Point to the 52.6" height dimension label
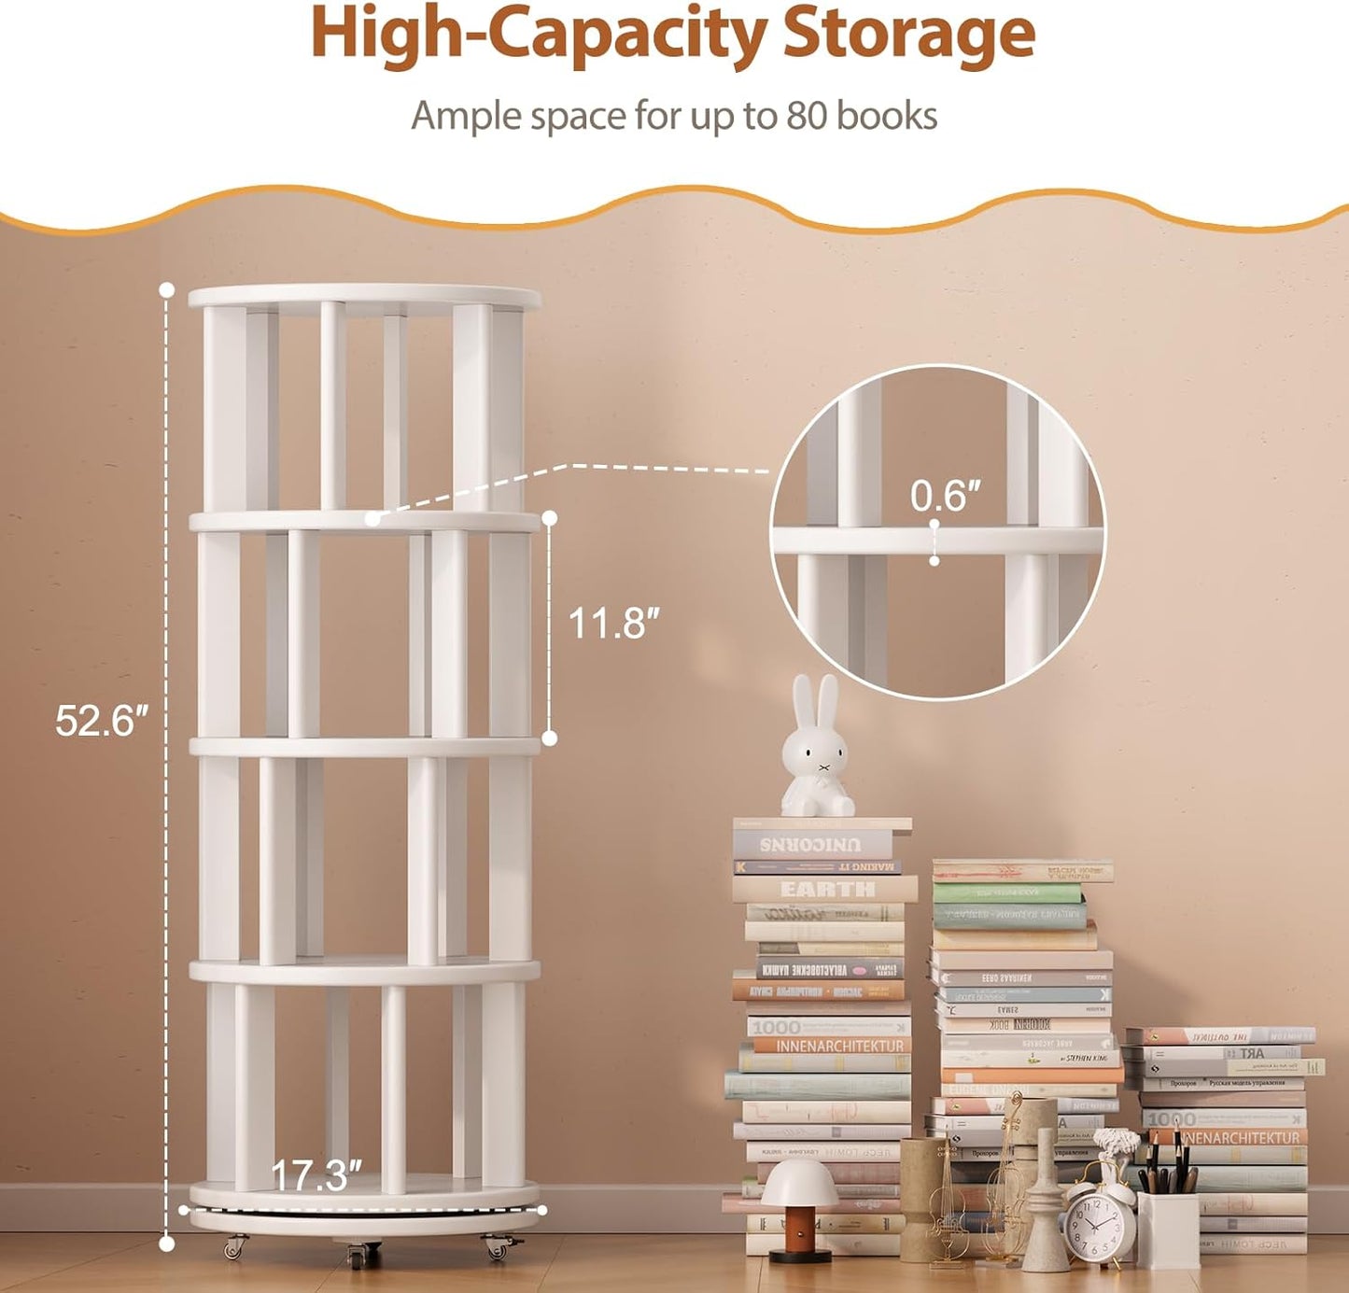(102, 721)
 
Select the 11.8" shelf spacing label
(613, 624)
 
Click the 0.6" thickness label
(946, 496)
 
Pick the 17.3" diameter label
(316, 1176)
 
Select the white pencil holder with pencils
(1168, 1228)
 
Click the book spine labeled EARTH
(826, 889)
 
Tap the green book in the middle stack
(1008, 894)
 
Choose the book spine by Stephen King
(1083, 1059)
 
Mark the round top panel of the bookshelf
(364, 297)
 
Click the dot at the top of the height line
(167, 289)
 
